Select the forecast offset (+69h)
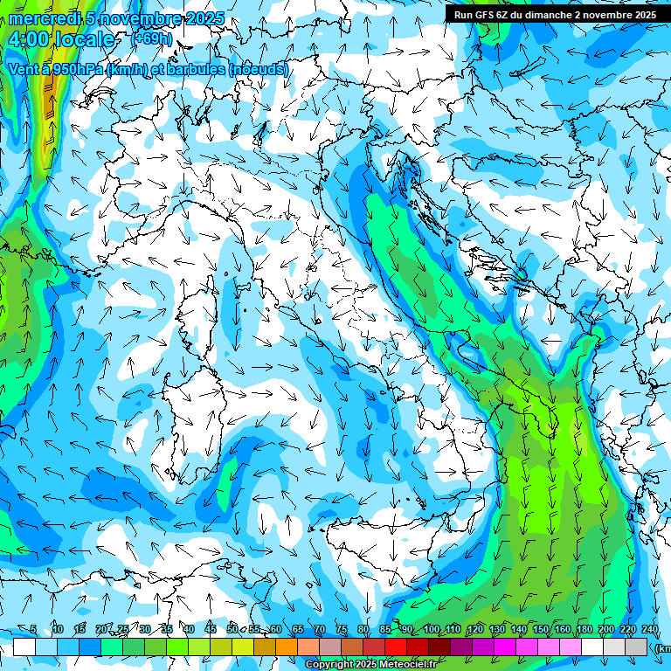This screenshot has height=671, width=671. pyautogui.click(x=151, y=38)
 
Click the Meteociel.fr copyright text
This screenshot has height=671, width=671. pyautogui.click(x=370, y=665)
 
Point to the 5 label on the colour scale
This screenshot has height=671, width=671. pyautogui.click(x=33, y=629)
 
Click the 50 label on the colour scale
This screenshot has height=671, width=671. pyautogui.click(x=232, y=629)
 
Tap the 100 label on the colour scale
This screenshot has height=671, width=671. pyautogui.click(x=432, y=629)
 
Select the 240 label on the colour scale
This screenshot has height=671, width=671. pyautogui.click(x=650, y=629)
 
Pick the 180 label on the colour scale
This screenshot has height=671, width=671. pyautogui.click(x=585, y=629)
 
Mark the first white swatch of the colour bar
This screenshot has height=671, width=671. pyautogui.click(x=24, y=647)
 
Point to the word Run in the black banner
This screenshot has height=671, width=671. pyautogui.click(x=462, y=15)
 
